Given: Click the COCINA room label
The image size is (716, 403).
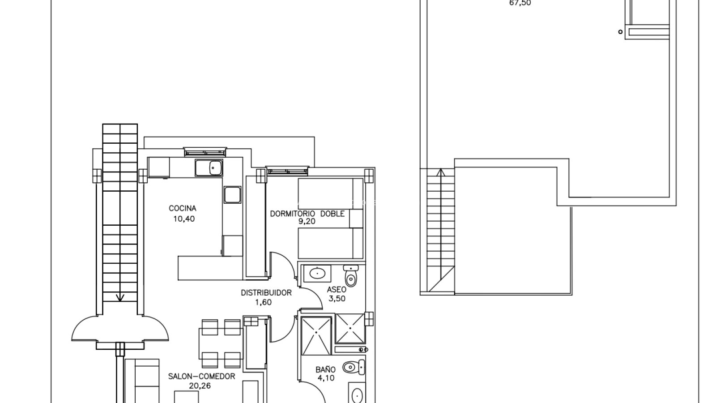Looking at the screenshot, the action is [183, 209].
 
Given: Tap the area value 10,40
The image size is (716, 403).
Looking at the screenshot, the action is [184, 219].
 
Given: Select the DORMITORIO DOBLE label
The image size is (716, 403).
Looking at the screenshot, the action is [307, 214].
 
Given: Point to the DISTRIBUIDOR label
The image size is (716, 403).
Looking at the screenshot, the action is [266, 293].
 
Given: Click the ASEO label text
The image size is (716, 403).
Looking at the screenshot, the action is [337, 289].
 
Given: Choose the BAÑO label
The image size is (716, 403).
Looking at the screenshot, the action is [325, 369].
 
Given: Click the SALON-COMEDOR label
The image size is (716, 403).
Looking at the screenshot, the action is [202, 377].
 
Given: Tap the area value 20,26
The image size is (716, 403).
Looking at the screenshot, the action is [200, 386].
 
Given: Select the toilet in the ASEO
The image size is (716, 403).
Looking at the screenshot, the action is [351, 276].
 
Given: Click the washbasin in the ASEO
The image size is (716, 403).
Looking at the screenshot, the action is [317, 274].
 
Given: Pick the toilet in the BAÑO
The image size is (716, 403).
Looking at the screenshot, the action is [354, 367].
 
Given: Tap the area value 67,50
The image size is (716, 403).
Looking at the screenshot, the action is [520, 3].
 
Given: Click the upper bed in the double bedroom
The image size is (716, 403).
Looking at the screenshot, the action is [331, 194].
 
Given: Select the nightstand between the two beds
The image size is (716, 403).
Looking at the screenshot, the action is [356, 219].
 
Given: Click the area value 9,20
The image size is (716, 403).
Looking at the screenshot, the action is [307, 221].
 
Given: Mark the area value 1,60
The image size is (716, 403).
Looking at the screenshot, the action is [264, 302].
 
